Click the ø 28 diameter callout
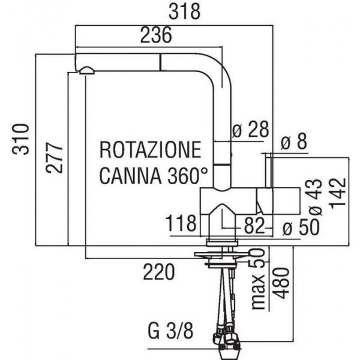pyautogui.click(x=250, y=130)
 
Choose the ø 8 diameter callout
pyautogui.click(x=295, y=142)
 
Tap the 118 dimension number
pyautogui.click(x=182, y=224)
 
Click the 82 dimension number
pyautogui.click(x=254, y=225)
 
